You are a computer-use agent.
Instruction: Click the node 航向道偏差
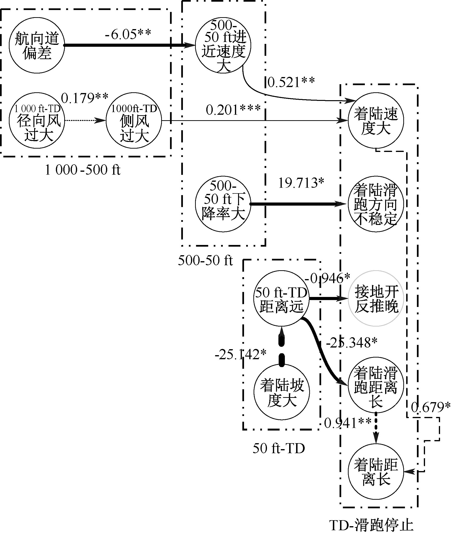(x=37, y=45)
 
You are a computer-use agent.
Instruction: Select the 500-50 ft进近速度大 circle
(x=223, y=45)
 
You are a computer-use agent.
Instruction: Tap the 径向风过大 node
(x=37, y=120)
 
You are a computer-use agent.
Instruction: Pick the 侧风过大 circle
(x=134, y=120)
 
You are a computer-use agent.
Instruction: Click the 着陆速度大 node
(x=376, y=120)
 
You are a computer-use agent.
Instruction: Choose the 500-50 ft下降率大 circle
(x=223, y=204)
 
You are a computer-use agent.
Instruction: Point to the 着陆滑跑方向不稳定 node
(x=376, y=204)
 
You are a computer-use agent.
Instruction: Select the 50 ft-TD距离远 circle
(x=281, y=298)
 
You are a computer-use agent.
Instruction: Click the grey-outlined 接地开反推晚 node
(x=376, y=298)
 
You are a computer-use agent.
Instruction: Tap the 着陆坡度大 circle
(x=282, y=392)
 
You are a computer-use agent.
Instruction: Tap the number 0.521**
(x=291, y=82)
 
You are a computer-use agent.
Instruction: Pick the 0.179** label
(x=85, y=98)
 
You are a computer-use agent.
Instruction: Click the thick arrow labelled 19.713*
(x=297, y=204)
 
